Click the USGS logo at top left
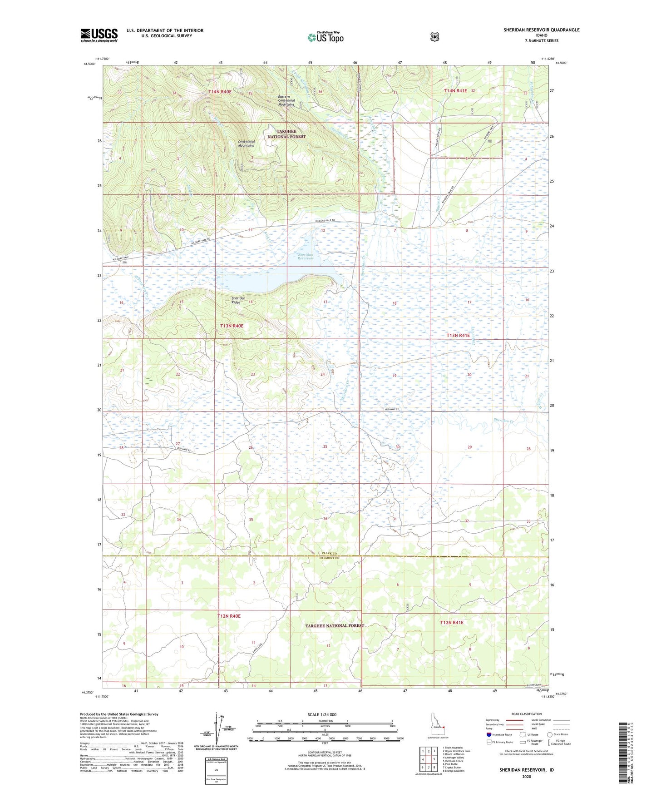click(x=99, y=35)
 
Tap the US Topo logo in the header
click(x=325, y=37)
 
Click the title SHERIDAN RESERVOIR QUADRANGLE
click(x=541, y=30)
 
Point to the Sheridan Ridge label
click(x=238, y=300)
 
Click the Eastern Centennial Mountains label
click(x=286, y=100)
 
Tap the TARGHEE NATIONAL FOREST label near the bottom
click(x=335, y=625)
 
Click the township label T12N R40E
click(x=229, y=616)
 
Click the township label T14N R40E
click(x=220, y=92)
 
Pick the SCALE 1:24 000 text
click(x=322, y=714)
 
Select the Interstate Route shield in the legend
click(x=488, y=734)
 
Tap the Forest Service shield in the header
click(x=434, y=36)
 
